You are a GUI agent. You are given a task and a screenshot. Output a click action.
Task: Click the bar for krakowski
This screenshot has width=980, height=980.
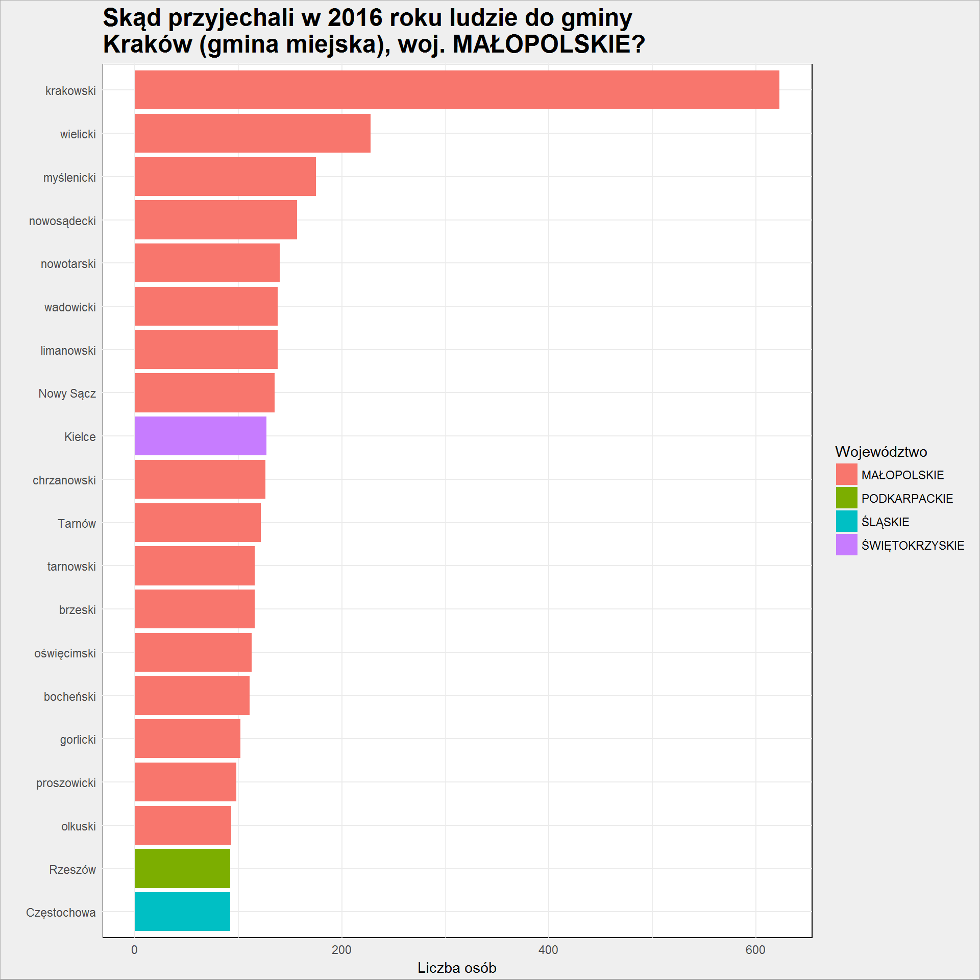pyautogui.click(x=457, y=90)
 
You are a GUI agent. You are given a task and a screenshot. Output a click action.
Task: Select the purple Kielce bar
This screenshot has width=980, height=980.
pyautogui.click(x=201, y=436)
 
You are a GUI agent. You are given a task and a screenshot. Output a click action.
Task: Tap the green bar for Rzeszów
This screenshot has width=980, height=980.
pyautogui.click(x=182, y=868)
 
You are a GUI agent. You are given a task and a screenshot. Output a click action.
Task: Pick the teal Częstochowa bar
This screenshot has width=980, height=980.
pyautogui.click(x=182, y=912)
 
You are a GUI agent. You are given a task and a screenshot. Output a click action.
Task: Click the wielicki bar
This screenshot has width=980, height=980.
pyautogui.click(x=253, y=133)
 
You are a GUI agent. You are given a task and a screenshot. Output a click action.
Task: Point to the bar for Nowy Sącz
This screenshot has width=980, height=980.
pyautogui.click(x=205, y=393)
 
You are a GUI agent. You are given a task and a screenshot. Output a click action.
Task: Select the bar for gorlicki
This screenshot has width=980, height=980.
pyautogui.click(x=187, y=739)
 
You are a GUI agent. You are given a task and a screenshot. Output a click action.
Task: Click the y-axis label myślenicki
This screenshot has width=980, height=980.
pyautogui.click(x=69, y=178)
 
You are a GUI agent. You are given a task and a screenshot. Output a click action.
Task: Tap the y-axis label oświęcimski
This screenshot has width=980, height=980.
pyautogui.click(x=65, y=653)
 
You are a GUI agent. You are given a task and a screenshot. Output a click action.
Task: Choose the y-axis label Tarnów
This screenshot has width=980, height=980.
pyautogui.click(x=77, y=524)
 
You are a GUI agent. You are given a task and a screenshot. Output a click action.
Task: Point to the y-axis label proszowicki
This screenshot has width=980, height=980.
pyautogui.click(x=66, y=783)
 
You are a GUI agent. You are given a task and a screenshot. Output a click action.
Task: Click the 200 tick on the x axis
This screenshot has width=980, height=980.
pyautogui.click(x=341, y=950)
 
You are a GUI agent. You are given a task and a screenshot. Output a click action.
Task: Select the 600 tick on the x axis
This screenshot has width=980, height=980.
pyautogui.click(x=755, y=950)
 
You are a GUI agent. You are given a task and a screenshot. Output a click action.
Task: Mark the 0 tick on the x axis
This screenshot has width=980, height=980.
pyautogui.click(x=135, y=950)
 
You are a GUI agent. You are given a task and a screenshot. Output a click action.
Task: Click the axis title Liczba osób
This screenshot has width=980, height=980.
pyautogui.click(x=457, y=968)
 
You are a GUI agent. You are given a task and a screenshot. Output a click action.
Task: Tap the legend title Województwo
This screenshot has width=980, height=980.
pyautogui.click(x=881, y=452)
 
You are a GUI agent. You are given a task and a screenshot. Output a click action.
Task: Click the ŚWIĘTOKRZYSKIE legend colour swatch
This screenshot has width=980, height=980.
pyautogui.click(x=846, y=545)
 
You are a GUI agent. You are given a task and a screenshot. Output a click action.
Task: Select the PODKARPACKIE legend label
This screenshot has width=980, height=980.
pyautogui.click(x=907, y=498)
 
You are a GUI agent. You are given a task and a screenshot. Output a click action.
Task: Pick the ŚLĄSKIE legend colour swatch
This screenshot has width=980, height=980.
pyautogui.click(x=846, y=521)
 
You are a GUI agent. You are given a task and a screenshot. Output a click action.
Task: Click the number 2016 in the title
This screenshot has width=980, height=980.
pyautogui.click(x=355, y=18)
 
